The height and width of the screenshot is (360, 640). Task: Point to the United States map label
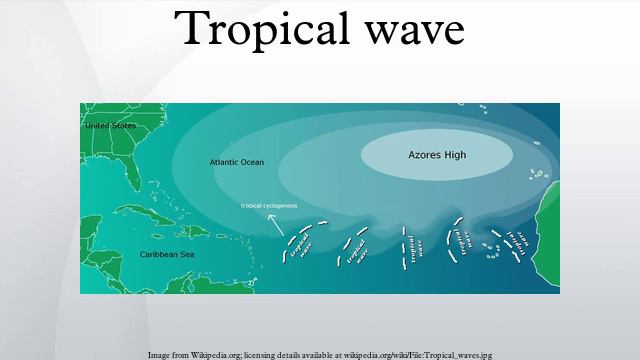(110, 126)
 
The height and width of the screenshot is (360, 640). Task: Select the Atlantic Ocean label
(237, 162)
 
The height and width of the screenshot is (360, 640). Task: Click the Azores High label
(437, 156)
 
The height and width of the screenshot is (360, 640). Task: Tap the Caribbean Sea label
(166, 255)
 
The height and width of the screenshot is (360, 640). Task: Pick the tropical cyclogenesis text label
(269, 206)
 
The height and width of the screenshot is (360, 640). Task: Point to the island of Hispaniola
(195, 231)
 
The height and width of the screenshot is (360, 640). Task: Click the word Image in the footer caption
(159, 354)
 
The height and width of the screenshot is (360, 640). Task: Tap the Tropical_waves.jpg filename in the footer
(459, 354)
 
